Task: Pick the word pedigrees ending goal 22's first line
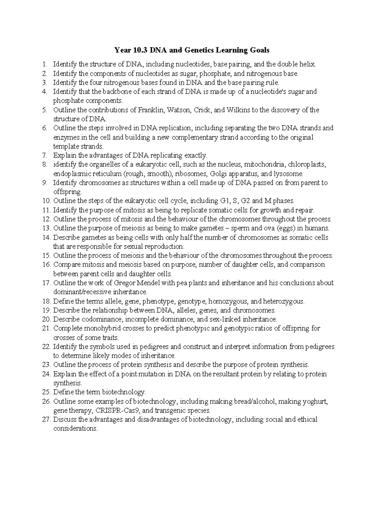[x=320, y=347]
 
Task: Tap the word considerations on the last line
[x=75, y=429]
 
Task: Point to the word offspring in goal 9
[x=67, y=192]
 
